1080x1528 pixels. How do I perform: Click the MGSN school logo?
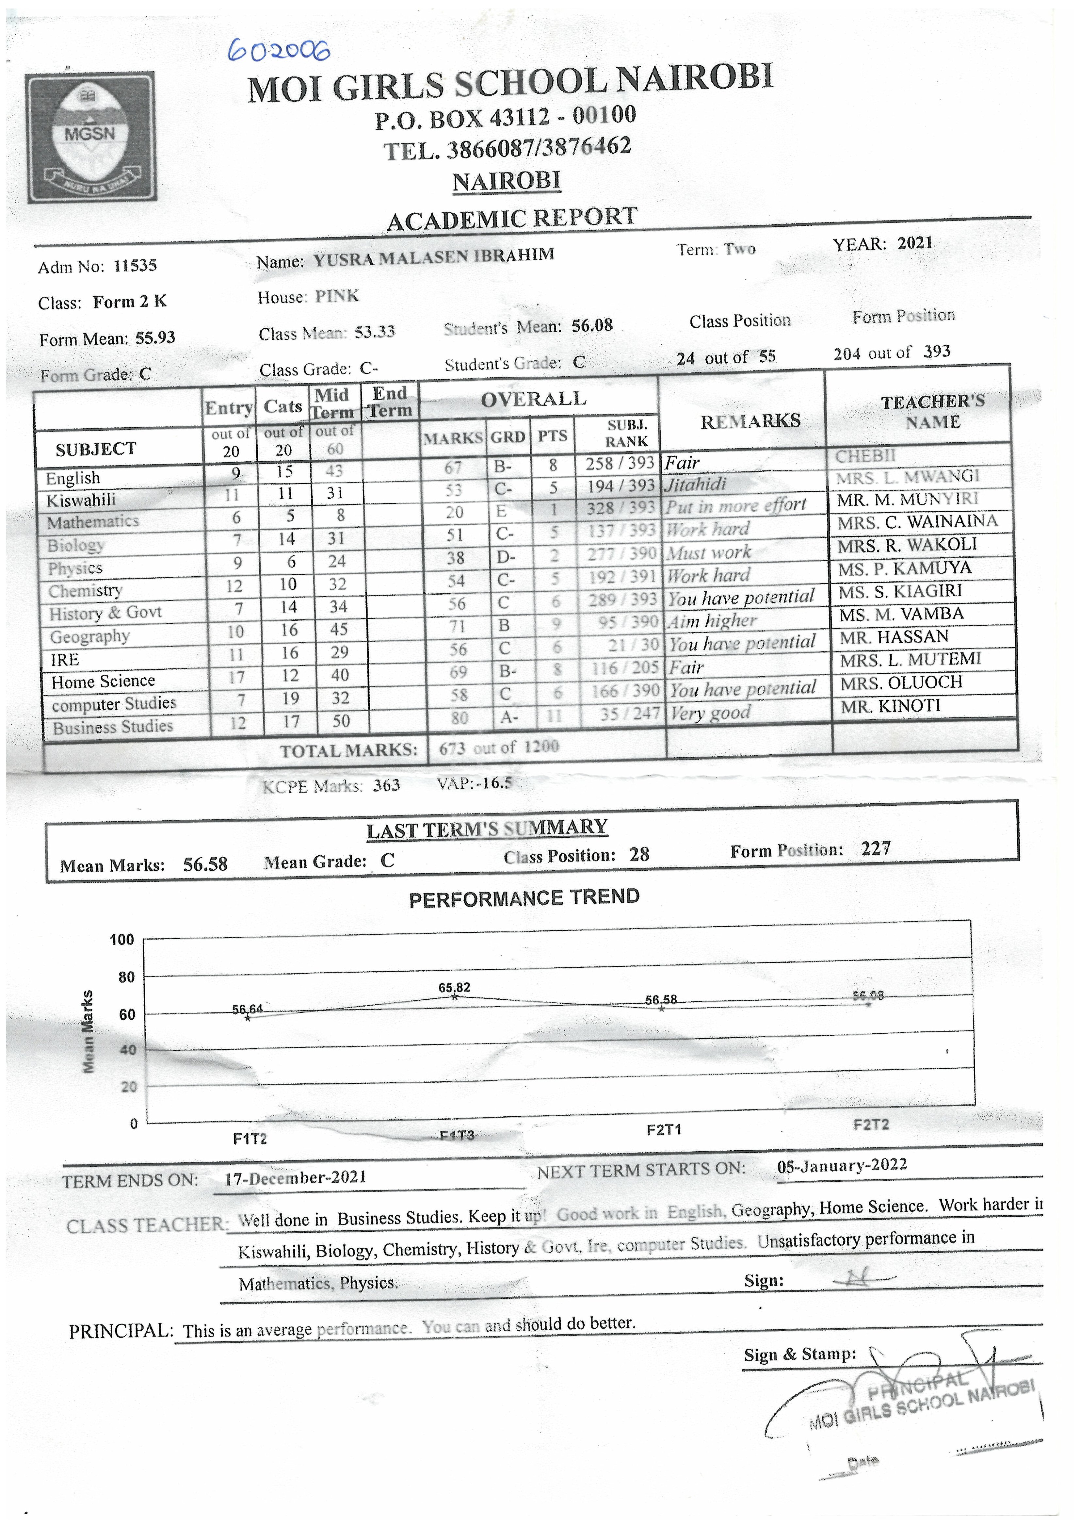pyautogui.click(x=91, y=137)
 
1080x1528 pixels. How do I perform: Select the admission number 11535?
pyautogui.click(x=135, y=266)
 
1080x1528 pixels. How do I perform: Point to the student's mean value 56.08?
pyautogui.click(x=591, y=325)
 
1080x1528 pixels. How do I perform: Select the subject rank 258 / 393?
pyautogui.click(x=620, y=463)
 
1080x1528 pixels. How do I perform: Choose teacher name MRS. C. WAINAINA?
pyautogui.click(x=917, y=522)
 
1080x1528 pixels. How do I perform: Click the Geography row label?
pyautogui.click(x=90, y=637)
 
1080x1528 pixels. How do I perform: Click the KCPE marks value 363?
pyautogui.click(x=386, y=785)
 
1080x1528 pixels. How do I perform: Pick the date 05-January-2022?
pyautogui.click(x=842, y=1165)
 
